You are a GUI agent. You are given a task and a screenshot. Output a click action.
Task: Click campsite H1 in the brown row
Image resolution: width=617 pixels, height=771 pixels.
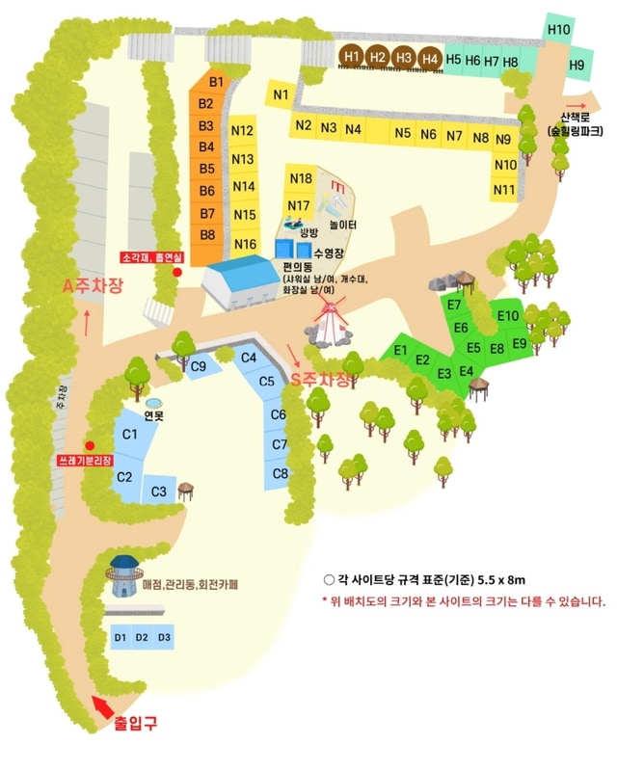click(x=352, y=56)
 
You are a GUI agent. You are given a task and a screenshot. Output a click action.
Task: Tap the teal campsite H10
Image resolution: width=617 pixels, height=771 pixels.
click(x=559, y=29)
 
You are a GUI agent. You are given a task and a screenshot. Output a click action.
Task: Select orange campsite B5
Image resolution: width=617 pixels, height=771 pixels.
click(x=206, y=169)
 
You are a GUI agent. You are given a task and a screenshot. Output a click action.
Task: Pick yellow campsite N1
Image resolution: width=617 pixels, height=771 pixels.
click(x=281, y=94)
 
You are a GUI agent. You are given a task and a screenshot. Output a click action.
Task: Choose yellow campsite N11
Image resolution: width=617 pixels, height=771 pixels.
click(x=503, y=190)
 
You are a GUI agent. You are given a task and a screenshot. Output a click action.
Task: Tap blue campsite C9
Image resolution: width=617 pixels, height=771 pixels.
click(x=200, y=365)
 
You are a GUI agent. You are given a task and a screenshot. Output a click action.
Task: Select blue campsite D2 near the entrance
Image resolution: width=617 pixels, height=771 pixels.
click(x=142, y=637)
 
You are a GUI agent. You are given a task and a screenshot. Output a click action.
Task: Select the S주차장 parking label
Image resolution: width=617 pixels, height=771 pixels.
click(x=321, y=381)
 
